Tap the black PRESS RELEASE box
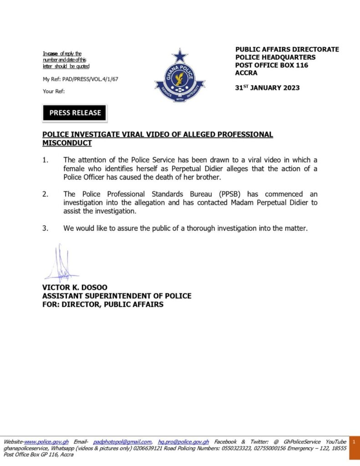pos(75,113)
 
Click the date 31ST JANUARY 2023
pos(267,87)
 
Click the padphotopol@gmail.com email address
pos(122,442)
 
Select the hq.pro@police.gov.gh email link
pos(183,442)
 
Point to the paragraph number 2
pos(45,194)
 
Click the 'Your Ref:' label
pos(54,91)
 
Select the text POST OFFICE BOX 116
pos(272,65)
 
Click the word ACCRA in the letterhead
pos(246,73)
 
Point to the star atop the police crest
pos(180,56)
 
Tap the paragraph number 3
pos(45,228)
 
